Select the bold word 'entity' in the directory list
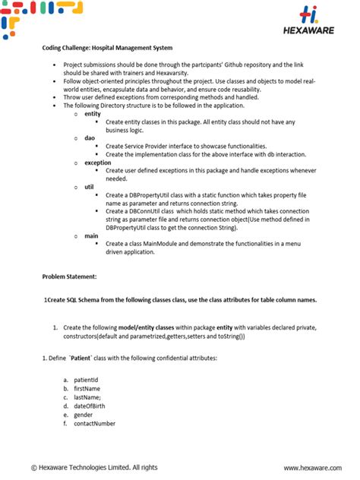(92, 113)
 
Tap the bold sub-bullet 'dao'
(89, 137)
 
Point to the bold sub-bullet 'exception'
(97, 163)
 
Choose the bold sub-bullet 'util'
(89, 187)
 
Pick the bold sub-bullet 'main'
(91, 235)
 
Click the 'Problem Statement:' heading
(69, 277)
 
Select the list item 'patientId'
(86, 379)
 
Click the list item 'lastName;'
(87, 397)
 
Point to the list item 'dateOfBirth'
(90, 406)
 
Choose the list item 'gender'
(84, 415)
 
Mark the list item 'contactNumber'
(94, 424)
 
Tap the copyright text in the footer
(95, 467)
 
